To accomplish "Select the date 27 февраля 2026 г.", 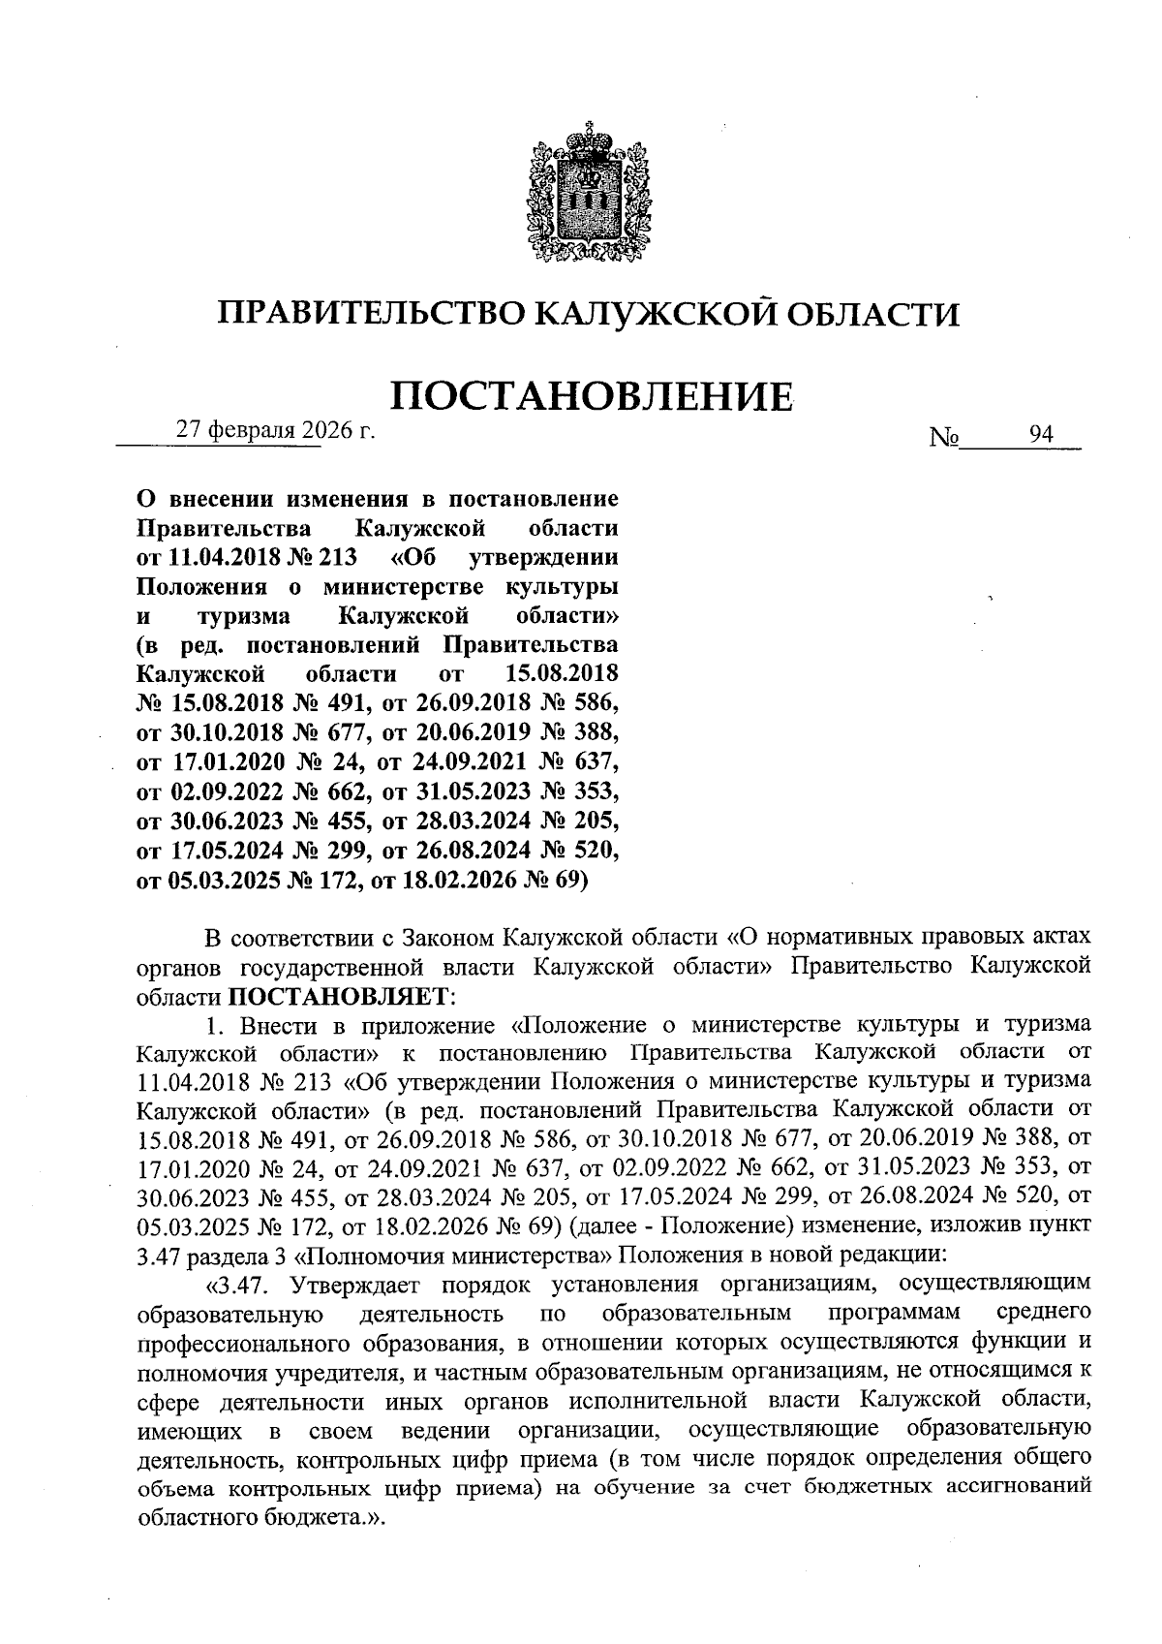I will coord(274,431).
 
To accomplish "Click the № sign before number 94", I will coord(944,438).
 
